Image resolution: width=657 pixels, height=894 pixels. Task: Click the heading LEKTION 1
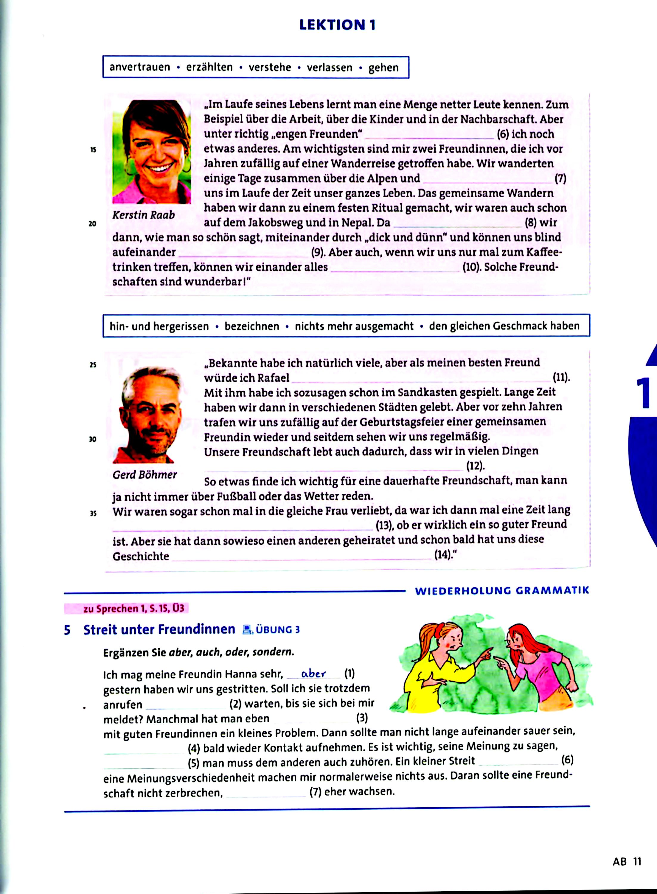tap(337, 25)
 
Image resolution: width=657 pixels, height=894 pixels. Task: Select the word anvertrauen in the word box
tap(139, 67)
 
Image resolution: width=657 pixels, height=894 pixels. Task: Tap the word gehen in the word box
tap(383, 68)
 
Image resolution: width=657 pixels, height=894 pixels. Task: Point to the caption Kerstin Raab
tap(144, 215)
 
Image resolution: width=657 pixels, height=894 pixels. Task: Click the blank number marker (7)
tap(560, 179)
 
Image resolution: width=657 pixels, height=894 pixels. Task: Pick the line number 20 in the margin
tap(92, 224)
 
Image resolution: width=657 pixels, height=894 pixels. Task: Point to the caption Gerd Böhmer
tap(145, 474)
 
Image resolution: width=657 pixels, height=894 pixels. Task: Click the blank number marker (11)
tap(561, 377)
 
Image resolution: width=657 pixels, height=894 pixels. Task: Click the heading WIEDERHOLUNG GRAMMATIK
tap(502, 591)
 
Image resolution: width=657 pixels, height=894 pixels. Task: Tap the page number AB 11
tap(627, 862)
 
